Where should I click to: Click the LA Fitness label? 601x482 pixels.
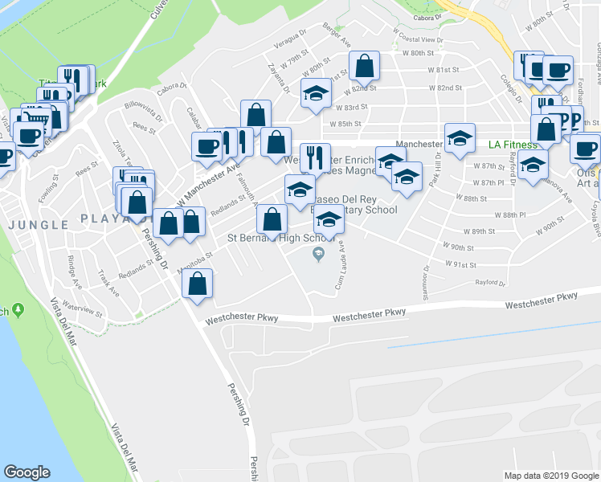click(513, 145)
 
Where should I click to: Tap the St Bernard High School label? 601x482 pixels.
click(280, 238)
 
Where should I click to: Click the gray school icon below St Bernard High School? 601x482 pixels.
click(318, 255)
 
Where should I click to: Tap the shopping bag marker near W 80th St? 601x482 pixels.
click(364, 67)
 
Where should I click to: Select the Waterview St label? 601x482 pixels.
click(83, 308)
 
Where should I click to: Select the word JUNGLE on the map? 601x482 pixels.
click(38, 224)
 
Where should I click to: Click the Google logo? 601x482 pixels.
click(27, 472)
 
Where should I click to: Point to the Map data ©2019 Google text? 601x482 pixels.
click(550, 476)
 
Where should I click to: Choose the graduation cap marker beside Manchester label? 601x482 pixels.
click(460, 137)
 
